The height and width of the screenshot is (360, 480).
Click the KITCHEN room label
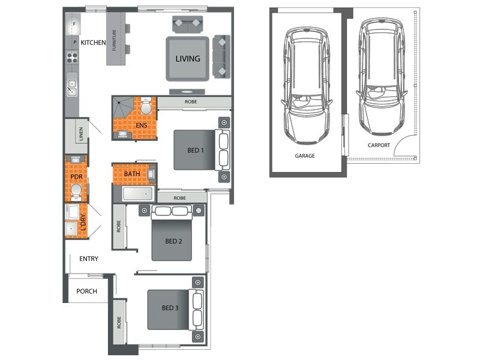click(x=93, y=43)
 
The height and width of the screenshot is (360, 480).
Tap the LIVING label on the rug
click(x=188, y=58)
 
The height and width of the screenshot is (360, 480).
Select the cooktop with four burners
click(x=72, y=57)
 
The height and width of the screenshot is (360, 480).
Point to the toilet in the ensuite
click(x=146, y=106)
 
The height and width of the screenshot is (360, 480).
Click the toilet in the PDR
click(x=76, y=191)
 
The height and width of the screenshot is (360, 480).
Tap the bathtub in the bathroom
click(x=137, y=194)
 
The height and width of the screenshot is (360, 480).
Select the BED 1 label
click(x=196, y=151)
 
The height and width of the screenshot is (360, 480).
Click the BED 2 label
click(x=173, y=241)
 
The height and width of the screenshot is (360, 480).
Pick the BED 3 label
click(x=170, y=308)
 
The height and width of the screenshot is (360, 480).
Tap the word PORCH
click(x=86, y=291)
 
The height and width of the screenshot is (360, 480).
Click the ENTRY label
click(x=89, y=259)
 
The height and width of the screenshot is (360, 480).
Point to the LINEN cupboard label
click(x=81, y=134)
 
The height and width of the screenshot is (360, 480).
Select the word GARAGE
click(x=305, y=156)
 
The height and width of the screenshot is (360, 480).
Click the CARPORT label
click(x=379, y=145)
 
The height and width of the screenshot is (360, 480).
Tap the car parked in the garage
click(x=306, y=85)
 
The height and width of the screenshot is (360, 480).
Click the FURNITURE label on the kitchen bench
click(x=115, y=40)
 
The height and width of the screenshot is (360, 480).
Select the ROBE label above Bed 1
click(x=191, y=101)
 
